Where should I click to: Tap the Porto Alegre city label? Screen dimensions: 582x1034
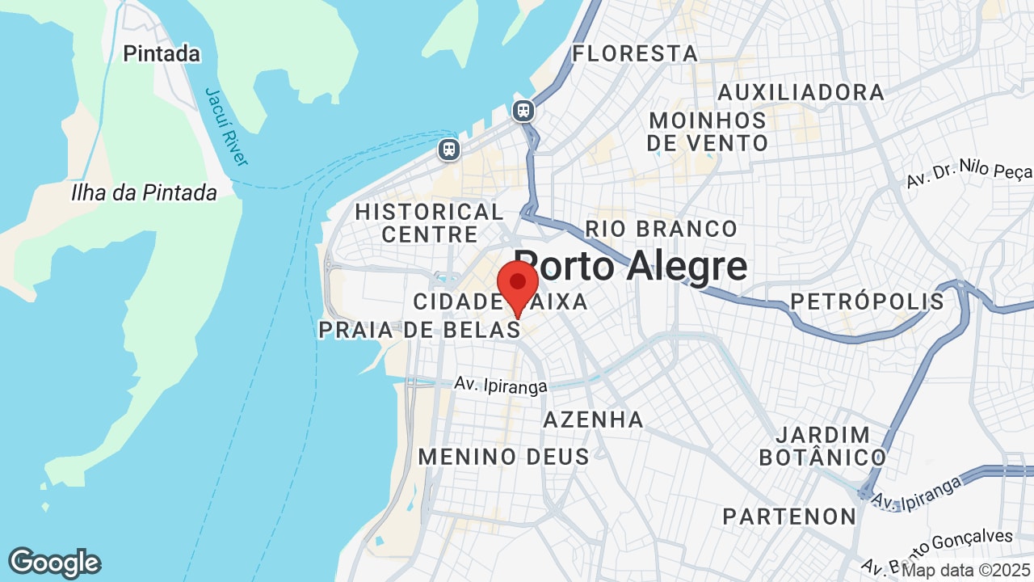630,265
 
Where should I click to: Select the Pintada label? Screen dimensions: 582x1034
162,54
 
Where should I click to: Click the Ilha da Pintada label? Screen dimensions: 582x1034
144,192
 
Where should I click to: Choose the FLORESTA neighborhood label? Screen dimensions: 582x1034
635,54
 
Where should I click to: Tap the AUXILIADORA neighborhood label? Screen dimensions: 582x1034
801,92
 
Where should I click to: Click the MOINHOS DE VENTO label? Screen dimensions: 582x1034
708,132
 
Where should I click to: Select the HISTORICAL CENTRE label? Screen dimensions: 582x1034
430,223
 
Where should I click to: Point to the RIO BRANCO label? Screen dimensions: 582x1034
661,229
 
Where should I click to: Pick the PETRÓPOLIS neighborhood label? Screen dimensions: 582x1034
867,302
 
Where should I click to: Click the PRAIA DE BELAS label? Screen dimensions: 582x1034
419,330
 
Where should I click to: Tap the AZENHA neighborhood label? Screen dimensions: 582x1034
593,420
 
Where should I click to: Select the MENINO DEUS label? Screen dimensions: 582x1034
503,457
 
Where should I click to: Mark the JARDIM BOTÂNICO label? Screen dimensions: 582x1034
822,446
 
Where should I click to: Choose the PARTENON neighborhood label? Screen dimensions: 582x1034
789,517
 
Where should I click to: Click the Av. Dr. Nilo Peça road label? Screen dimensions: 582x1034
969,173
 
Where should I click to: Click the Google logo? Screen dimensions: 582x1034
54,563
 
